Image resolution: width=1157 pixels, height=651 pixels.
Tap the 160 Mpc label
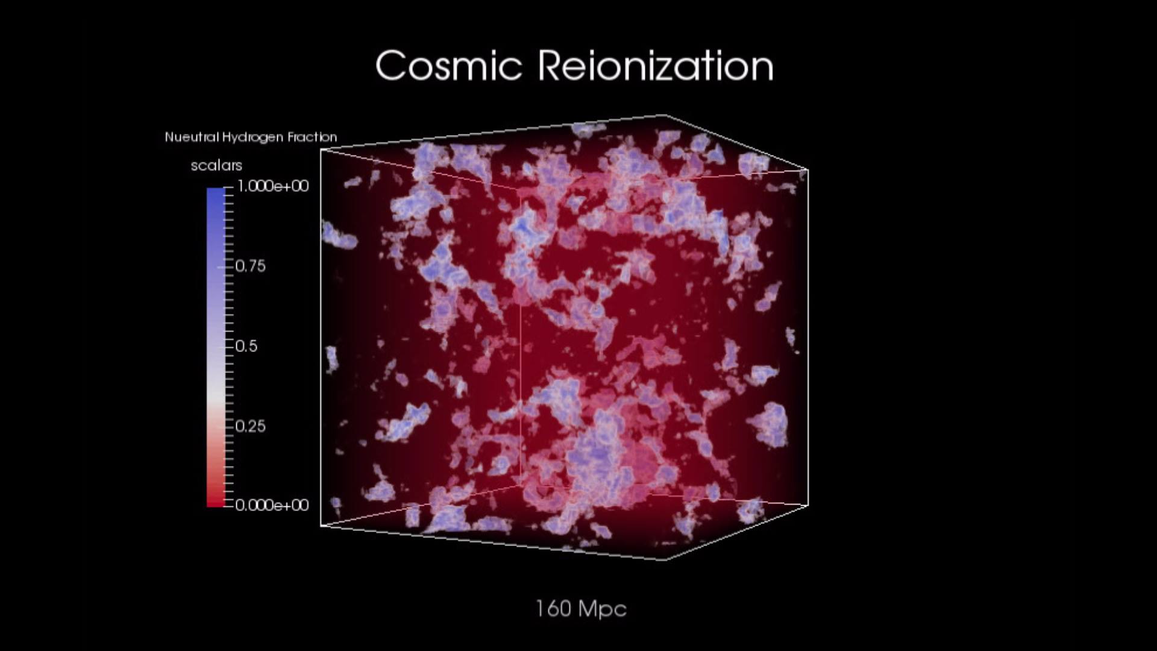(x=581, y=609)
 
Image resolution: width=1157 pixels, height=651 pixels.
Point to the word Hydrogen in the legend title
(x=252, y=137)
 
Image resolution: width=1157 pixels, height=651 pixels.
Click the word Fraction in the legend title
(x=312, y=137)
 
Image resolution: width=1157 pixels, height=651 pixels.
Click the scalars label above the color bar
(x=216, y=165)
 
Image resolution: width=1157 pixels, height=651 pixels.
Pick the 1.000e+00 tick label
(x=273, y=186)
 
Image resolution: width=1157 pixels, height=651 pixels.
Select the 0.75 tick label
(x=250, y=266)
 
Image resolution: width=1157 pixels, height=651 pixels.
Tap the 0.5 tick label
(x=246, y=346)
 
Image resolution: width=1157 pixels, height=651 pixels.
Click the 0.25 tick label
(x=250, y=426)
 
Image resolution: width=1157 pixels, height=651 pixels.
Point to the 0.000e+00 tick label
(x=272, y=505)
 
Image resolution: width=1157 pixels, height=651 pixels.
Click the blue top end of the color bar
(x=215, y=191)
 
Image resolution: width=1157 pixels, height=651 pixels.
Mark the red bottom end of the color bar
(x=215, y=503)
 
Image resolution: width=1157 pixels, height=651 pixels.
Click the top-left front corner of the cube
(x=321, y=149)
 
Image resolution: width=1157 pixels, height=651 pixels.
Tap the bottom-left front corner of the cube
(x=321, y=526)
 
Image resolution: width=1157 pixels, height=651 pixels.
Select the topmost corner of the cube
(x=665, y=115)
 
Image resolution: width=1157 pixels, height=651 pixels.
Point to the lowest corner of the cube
(x=666, y=560)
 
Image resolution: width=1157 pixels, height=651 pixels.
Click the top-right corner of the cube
(x=807, y=170)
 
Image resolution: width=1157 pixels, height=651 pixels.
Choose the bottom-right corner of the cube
(x=807, y=505)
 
